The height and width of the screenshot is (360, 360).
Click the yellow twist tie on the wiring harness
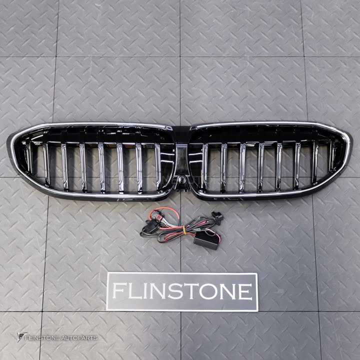click(x=184, y=230)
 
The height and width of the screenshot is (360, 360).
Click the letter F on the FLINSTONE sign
click(x=119, y=290)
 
